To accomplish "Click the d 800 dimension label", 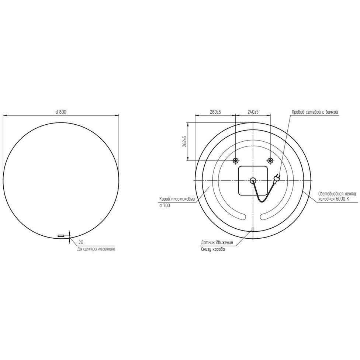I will tap(61, 112).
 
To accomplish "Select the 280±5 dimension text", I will tap(215, 112).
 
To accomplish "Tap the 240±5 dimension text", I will tap(253, 112).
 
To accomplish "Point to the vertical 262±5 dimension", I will tap(185, 142).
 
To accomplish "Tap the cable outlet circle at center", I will tap(253, 180).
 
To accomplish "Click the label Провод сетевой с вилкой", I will tap(314, 112).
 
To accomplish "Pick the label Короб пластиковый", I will tap(177, 199).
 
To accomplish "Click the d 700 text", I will tap(165, 205).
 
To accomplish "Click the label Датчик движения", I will tap(217, 243).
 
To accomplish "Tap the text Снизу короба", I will tap(213, 249).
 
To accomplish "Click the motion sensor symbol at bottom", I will tap(253, 229).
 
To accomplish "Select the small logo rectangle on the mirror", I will tap(61, 235).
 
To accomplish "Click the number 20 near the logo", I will tap(81, 242).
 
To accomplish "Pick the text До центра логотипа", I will tap(96, 249).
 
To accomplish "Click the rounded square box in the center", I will tap(253, 181).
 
